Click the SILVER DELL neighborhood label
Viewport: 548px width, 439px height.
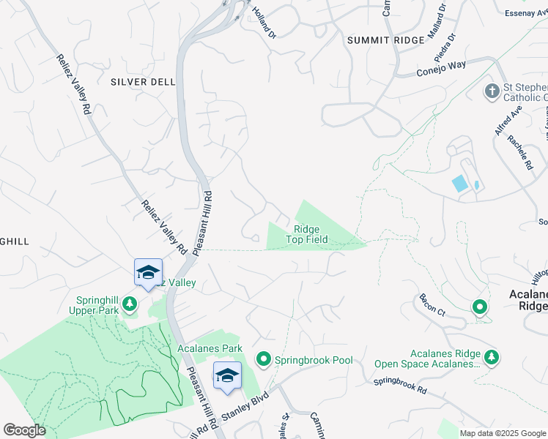pos(143,82)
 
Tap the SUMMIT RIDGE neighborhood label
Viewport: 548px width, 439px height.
pos(385,40)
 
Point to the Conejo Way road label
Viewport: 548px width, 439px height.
pos(442,67)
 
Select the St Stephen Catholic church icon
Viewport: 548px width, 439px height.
pos(492,91)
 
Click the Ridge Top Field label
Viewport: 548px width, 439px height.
pos(307,234)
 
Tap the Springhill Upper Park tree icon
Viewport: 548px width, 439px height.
pos(130,303)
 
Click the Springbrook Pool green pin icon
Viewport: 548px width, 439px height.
pos(264,359)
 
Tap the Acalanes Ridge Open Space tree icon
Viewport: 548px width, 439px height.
pos(493,356)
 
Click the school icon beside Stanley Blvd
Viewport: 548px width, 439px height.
pos(227,375)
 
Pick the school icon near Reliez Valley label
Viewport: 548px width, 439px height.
pos(147,273)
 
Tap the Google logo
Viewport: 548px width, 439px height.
pos(24,430)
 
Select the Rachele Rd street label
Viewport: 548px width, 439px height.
pos(525,155)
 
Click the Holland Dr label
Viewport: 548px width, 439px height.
pos(264,23)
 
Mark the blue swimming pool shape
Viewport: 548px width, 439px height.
pos(460,183)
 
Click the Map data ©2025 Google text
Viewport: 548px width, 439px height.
pos(503,433)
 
